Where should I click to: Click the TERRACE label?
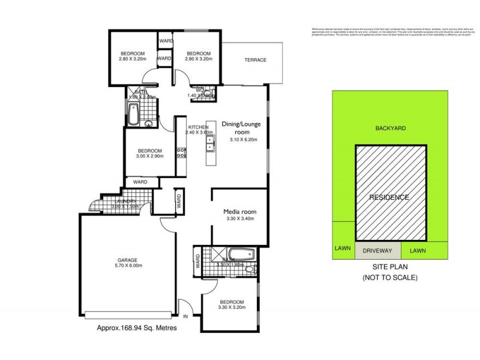(255, 60)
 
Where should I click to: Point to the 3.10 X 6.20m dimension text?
(243, 140)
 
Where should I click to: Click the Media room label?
(239, 211)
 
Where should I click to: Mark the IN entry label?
(186, 316)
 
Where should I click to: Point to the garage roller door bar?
(131, 314)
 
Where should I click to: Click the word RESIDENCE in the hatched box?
(389, 197)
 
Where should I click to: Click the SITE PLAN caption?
(390, 268)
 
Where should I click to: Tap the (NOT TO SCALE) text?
(390, 277)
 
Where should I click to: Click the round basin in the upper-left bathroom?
(148, 124)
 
